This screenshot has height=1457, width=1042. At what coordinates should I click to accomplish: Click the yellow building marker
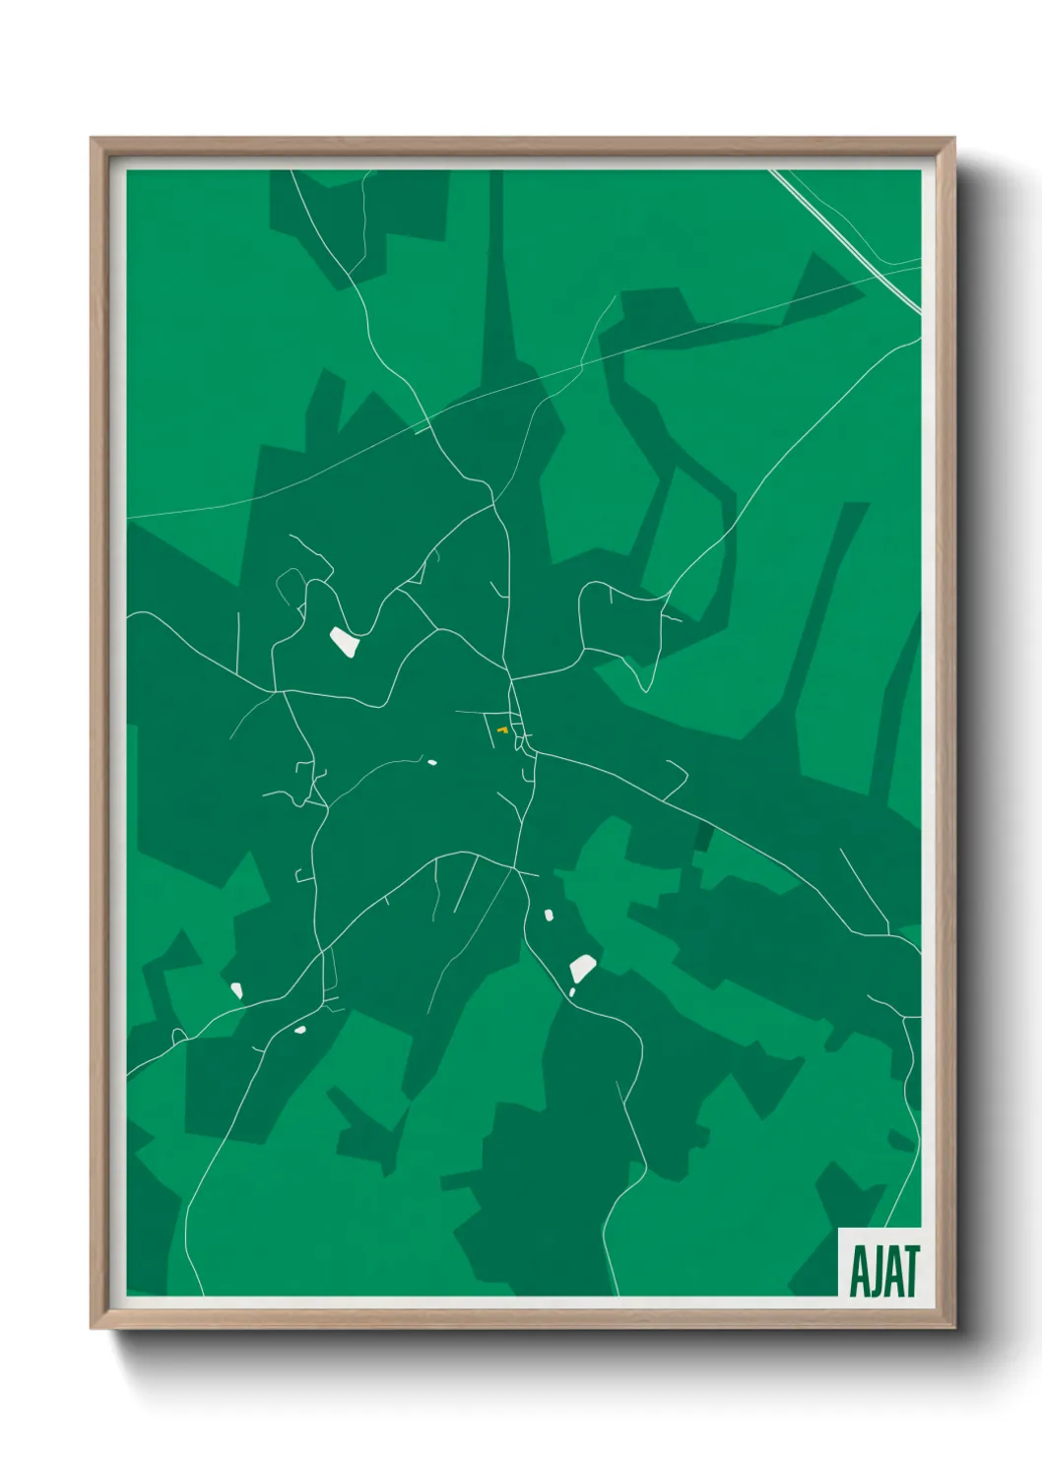(502, 729)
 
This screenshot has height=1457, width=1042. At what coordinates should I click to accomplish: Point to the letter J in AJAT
(872, 1272)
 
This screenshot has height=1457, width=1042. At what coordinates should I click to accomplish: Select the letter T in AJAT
(911, 1271)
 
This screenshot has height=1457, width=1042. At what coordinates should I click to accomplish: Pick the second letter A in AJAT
(891, 1271)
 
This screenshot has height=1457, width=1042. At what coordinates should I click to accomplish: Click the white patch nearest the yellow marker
(431, 762)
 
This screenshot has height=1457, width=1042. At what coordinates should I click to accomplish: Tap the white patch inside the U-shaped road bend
(344, 642)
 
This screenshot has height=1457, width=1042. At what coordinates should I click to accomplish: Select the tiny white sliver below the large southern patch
(571, 992)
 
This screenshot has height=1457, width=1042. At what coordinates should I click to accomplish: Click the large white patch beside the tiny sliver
(582, 968)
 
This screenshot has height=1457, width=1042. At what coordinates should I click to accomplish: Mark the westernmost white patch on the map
(236, 989)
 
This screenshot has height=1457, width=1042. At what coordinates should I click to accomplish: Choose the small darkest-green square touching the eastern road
(702, 838)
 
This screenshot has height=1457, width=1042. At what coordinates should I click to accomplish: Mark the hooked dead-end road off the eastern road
(676, 778)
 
